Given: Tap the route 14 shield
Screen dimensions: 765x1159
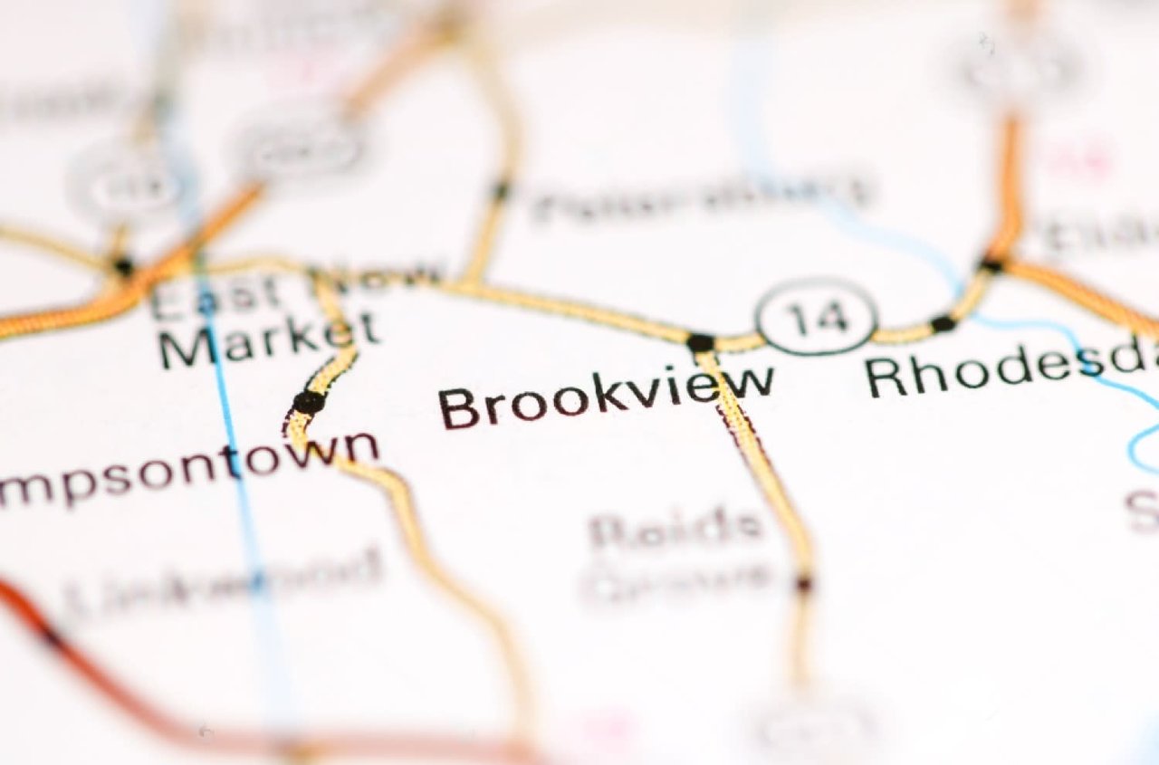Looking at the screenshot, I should [818, 317].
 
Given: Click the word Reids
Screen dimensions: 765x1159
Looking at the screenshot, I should [675, 529].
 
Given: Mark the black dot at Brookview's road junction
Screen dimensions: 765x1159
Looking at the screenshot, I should [700, 342].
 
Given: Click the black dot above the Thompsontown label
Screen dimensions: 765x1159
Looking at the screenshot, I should [309, 401].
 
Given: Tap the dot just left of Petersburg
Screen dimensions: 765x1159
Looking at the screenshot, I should [500, 191].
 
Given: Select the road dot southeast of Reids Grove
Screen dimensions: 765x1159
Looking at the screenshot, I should [803, 583].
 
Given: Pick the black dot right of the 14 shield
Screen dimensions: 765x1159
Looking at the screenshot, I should [943, 323].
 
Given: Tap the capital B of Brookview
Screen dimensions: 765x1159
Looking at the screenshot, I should [460, 408].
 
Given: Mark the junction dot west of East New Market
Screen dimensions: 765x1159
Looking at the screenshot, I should [123, 266].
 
